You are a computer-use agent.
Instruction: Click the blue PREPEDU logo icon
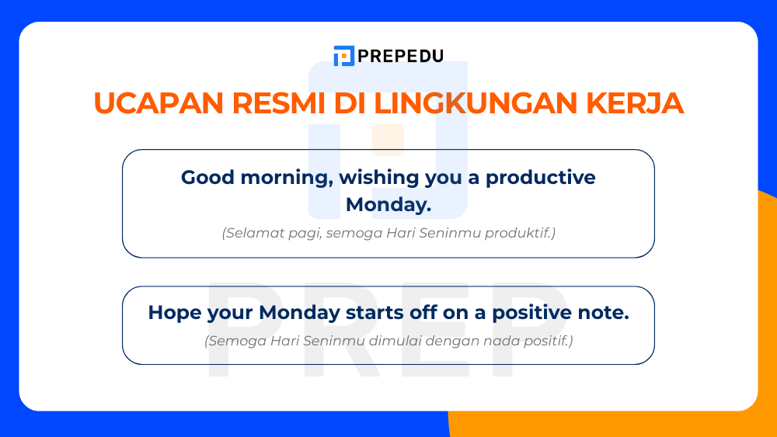tap(343, 56)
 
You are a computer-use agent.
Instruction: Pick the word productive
tap(541, 178)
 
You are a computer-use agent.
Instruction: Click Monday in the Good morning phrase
tap(386, 205)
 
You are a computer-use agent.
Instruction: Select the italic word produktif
tap(524, 233)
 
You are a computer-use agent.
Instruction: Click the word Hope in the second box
tap(174, 313)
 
